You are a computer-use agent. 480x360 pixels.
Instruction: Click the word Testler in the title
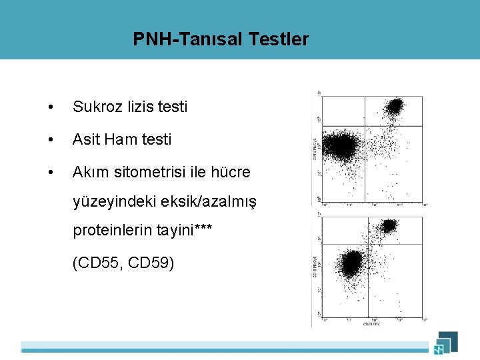[x=279, y=39]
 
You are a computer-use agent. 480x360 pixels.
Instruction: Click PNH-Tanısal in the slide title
[x=188, y=39]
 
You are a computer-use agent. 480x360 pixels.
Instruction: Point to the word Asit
[x=86, y=139]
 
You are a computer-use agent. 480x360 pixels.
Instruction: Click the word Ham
[x=121, y=139]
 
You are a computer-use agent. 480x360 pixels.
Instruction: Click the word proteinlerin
[x=113, y=231]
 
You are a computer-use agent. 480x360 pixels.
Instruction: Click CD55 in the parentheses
[x=101, y=263]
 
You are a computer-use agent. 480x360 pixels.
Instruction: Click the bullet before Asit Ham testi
[x=51, y=140]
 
